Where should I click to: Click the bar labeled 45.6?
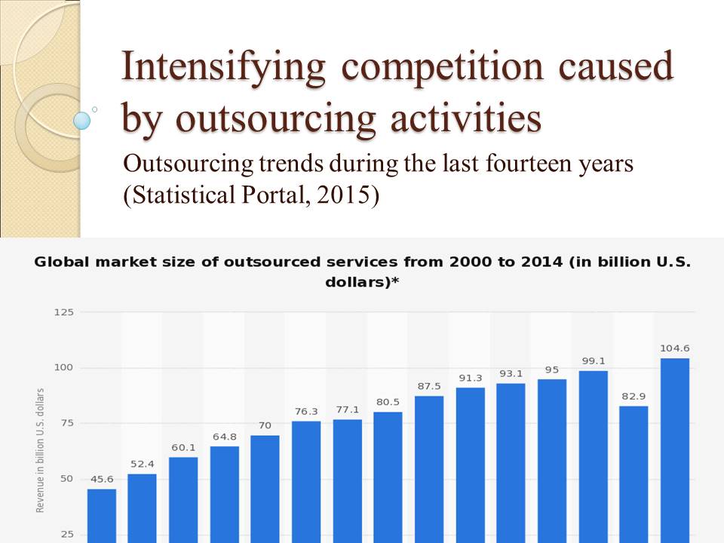point(102,516)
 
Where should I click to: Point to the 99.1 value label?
point(594,361)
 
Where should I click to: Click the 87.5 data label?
point(429,386)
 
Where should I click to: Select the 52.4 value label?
point(142,464)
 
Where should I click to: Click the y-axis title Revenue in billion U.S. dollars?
point(41,450)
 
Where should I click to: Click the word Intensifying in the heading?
point(223,69)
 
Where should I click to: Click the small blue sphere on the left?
point(82,120)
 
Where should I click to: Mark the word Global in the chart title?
point(60,262)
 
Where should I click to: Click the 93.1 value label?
point(511,374)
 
